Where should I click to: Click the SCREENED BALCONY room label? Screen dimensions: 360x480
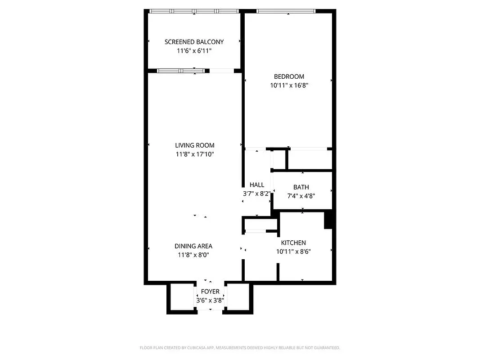(x=194, y=42)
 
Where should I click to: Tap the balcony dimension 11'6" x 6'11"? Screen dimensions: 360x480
(x=194, y=51)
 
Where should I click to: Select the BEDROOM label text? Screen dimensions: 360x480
(x=289, y=76)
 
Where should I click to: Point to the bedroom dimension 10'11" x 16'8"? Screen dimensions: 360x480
(x=289, y=85)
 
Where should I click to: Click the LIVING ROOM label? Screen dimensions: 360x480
(x=194, y=145)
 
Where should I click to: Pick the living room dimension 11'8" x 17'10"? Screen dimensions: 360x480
(x=194, y=154)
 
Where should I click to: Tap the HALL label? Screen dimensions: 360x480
(x=257, y=185)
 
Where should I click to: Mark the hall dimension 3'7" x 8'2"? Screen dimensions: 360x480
(x=256, y=194)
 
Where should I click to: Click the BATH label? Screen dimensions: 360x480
(x=301, y=187)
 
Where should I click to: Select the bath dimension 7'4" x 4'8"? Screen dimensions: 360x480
(x=301, y=196)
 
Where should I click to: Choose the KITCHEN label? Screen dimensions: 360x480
(x=293, y=243)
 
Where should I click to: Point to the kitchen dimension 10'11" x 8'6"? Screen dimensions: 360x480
(x=293, y=252)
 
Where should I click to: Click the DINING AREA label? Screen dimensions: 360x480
(x=193, y=246)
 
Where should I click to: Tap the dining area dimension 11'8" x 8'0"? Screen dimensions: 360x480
(x=193, y=255)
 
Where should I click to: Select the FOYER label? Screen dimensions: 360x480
(x=210, y=292)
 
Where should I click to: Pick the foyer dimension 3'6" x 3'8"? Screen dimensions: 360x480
(x=210, y=300)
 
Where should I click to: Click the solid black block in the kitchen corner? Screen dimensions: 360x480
(x=328, y=220)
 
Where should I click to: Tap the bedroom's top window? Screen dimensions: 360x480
(x=286, y=11)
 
